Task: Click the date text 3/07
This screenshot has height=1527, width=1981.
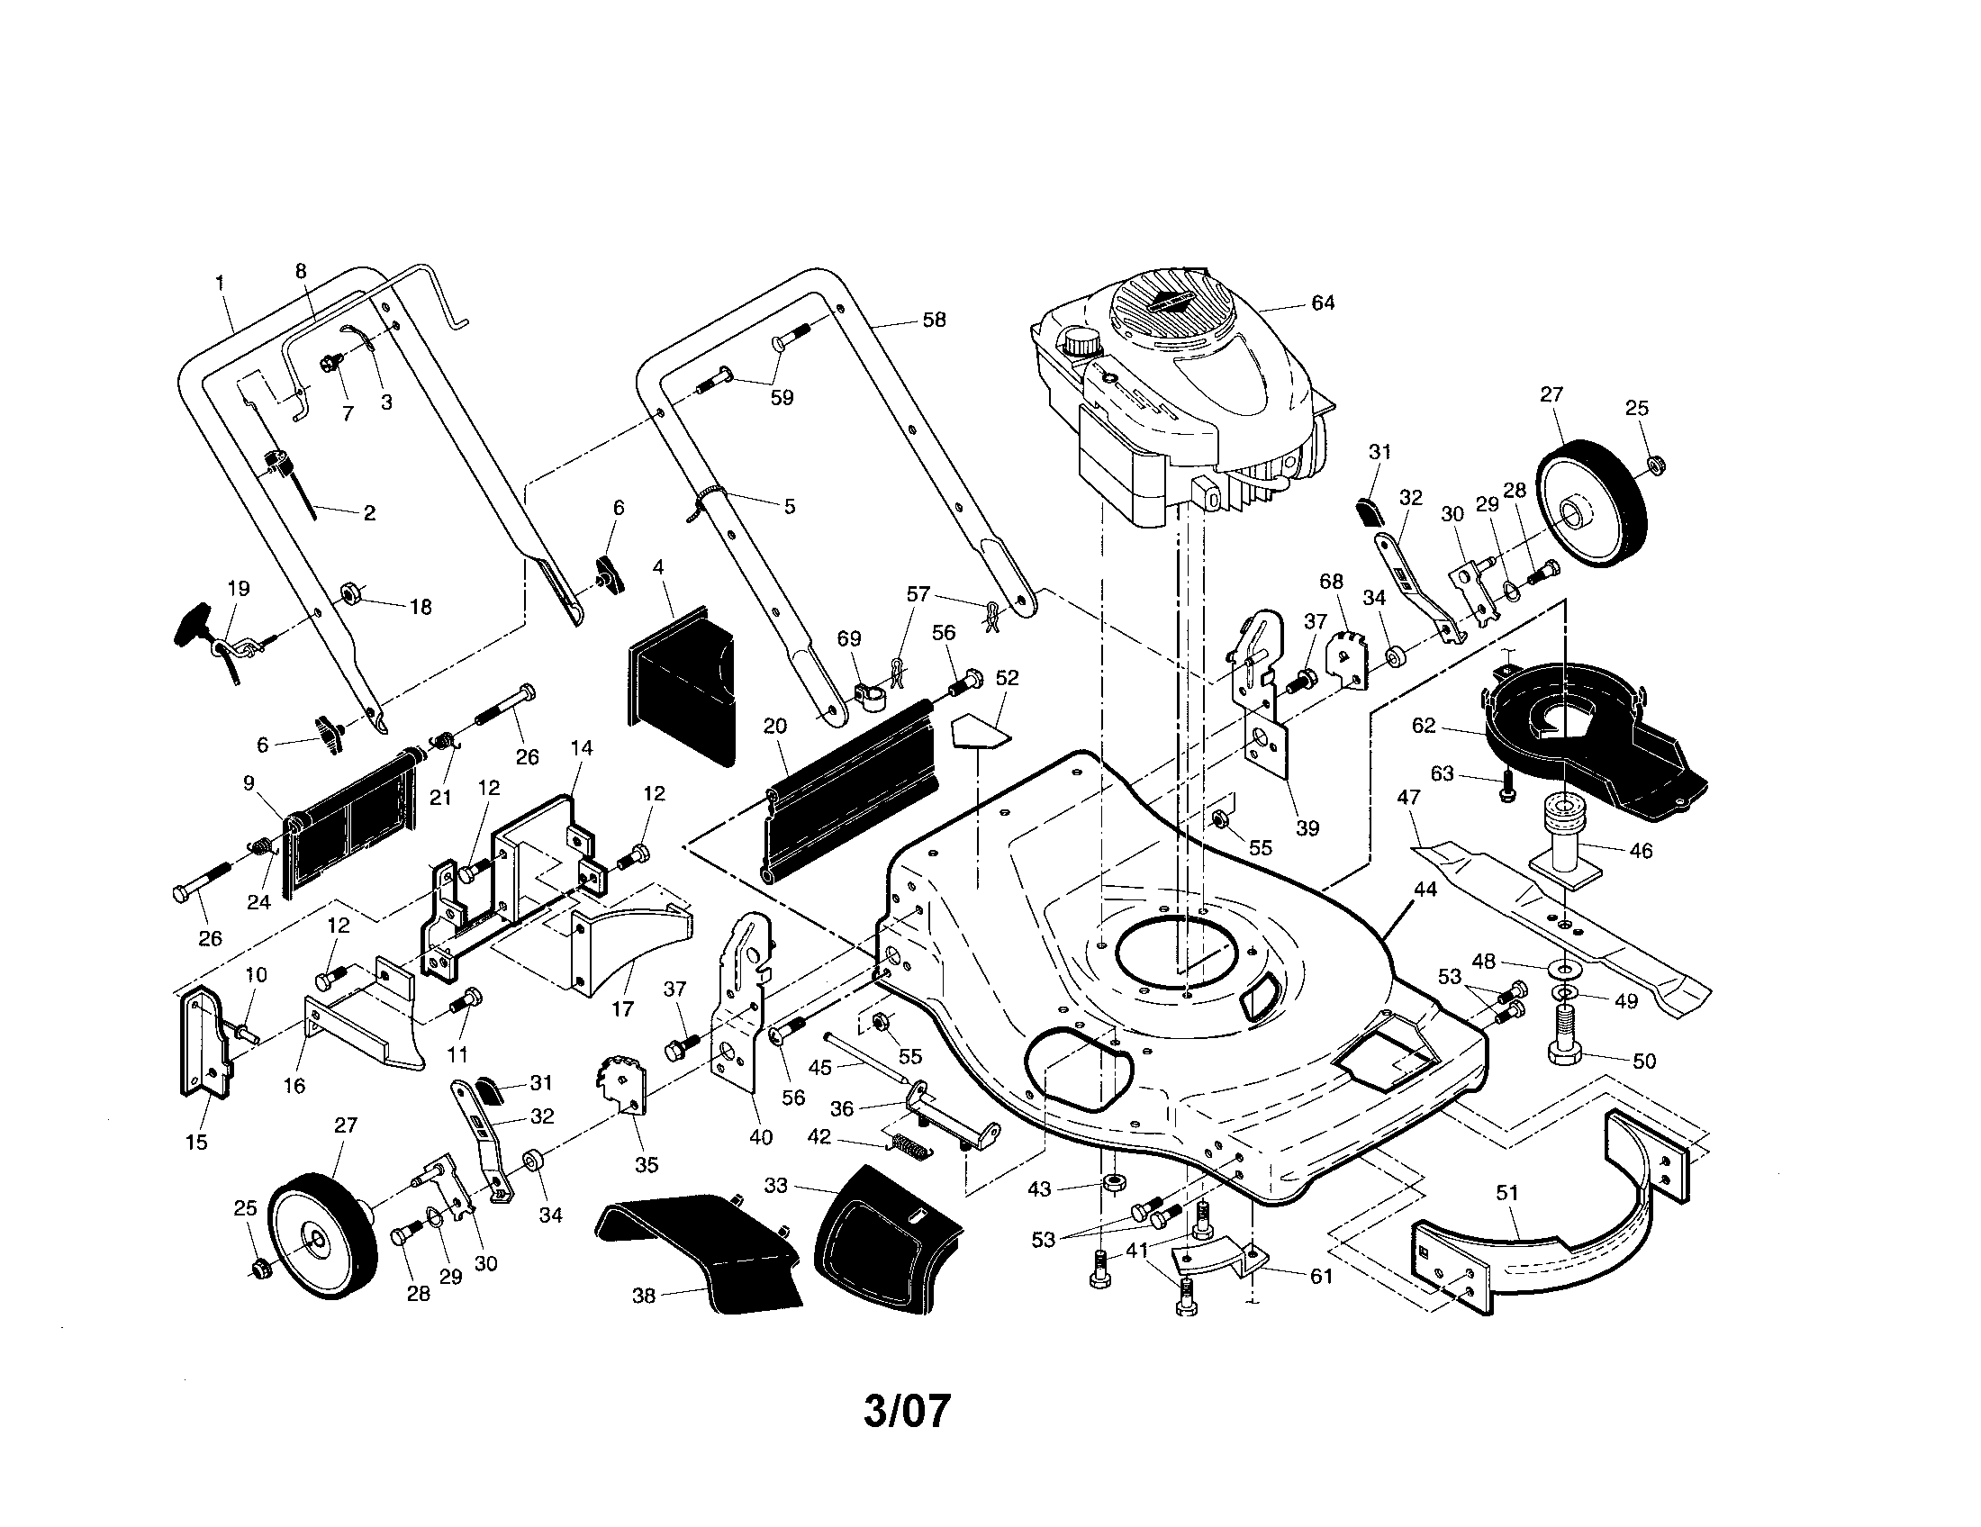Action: [x=907, y=1411]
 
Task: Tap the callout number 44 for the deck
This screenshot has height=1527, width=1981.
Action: [x=1425, y=890]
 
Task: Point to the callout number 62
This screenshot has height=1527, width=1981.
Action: [x=1425, y=727]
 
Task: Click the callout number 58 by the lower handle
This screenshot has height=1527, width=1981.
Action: [x=934, y=320]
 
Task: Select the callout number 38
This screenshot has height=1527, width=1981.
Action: [x=643, y=1296]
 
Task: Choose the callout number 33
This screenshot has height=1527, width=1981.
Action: [x=776, y=1185]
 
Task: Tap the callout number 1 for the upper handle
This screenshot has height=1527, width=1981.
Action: [x=220, y=283]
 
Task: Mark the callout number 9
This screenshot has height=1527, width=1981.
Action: [x=249, y=782]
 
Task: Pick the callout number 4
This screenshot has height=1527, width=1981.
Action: [x=657, y=567]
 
